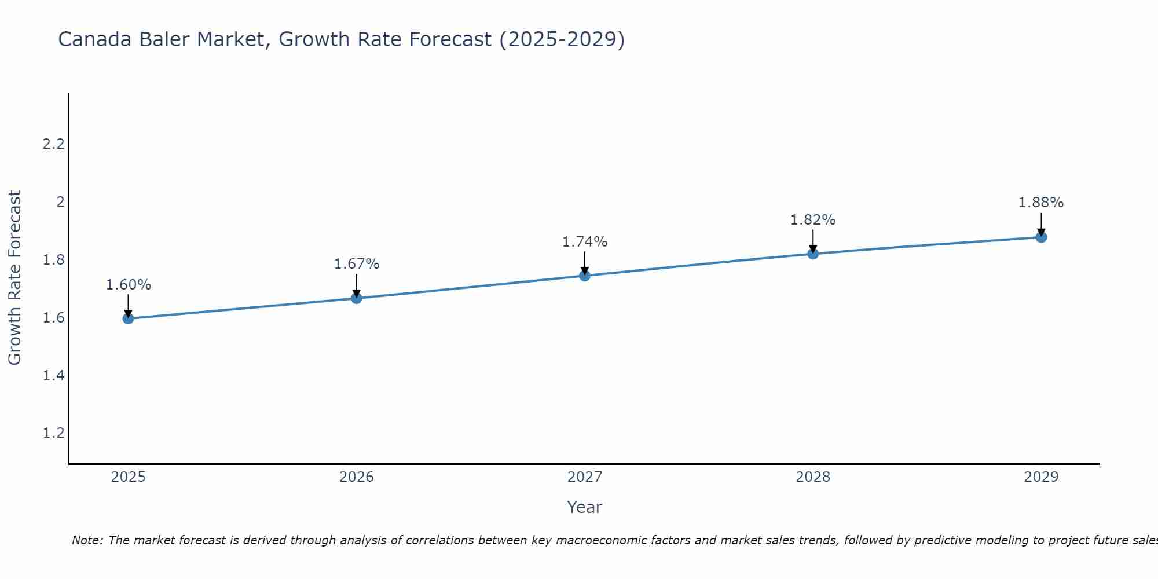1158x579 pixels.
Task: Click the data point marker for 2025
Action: click(129, 318)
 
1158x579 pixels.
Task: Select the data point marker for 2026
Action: click(357, 298)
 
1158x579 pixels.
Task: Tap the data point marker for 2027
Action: click(585, 276)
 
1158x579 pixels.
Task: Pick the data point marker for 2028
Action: click(813, 254)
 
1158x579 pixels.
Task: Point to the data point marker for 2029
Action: click(1041, 237)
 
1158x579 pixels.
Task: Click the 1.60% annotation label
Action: click(129, 285)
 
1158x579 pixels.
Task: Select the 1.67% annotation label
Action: click(357, 264)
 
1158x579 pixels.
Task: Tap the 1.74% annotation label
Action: click(585, 242)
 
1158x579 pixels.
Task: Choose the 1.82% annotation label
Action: click(813, 220)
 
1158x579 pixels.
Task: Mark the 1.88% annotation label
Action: click(1041, 203)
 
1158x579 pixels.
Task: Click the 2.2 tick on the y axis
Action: click(53, 144)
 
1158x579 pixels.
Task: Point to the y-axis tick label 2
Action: click(60, 202)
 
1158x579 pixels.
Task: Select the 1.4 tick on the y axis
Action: click(53, 376)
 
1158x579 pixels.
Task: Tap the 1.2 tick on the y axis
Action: click(53, 434)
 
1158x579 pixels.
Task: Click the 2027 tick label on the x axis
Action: click(585, 477)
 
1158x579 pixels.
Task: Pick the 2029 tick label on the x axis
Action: click(1041, 477)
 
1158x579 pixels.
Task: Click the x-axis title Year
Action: click(585, 507)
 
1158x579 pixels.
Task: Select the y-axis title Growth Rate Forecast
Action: click(14, 278)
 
